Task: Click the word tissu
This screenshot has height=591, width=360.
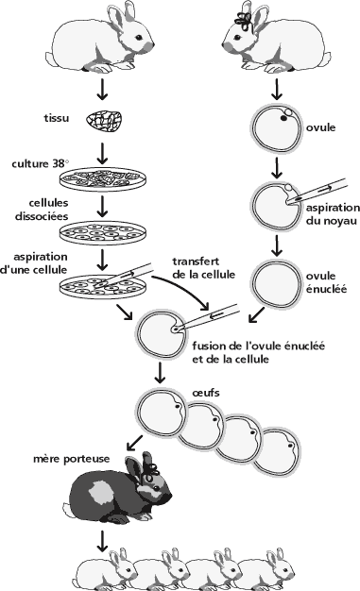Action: (x=57, y=118)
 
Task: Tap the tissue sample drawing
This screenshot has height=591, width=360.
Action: (x=105, y=121)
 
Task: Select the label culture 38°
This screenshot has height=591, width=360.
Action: (x=41, y=164)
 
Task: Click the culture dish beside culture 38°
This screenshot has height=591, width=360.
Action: (x=103, y=179)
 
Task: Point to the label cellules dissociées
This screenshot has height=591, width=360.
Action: (x=42, y=210)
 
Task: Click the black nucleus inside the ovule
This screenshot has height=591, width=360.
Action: (x=283, y=118)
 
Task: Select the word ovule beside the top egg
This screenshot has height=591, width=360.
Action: (x=320, y=127)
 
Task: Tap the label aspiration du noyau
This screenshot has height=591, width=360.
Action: (x=333, y=214)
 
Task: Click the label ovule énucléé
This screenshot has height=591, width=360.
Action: (x=326, y=282)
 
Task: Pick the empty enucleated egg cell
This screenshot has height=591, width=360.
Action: (x=276, y=284)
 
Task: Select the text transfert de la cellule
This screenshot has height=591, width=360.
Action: (x=204, y=268)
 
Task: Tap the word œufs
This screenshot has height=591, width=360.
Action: (x=206, y=393)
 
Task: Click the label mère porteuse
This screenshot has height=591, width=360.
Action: (x=72, y=459)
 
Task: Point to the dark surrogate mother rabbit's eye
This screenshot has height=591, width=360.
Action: (x=155, y=489)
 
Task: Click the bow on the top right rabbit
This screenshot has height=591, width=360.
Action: (x=244, y=21)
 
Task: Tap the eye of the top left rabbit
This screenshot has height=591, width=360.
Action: (x=139, y=38)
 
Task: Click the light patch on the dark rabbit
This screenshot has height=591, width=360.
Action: (x=100, y=492)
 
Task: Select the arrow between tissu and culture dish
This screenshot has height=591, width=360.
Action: (x=102, y=153)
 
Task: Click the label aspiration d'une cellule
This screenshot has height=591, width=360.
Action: (x=34, y=263)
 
